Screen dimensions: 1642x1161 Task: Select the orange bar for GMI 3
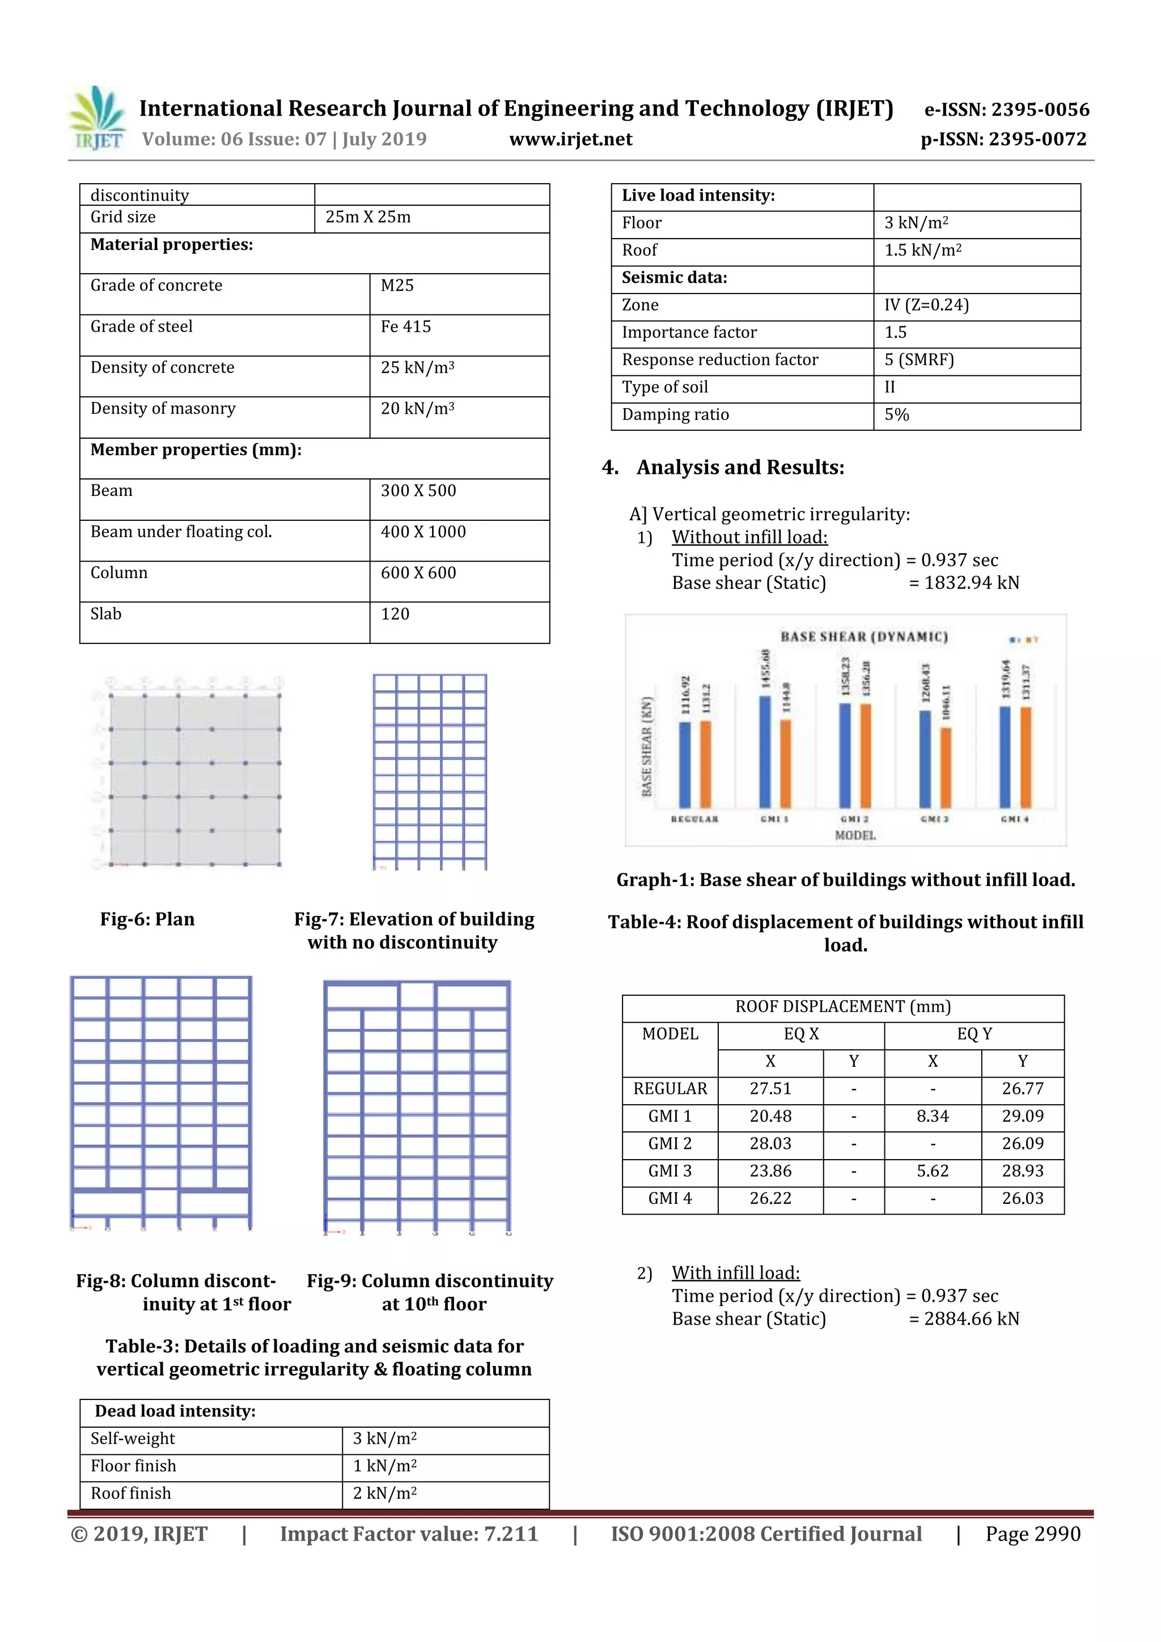tap(946, 767)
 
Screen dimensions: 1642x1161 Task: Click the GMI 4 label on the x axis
tap(1014, 819)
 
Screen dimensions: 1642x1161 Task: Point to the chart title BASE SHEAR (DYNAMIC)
tap(863, 637)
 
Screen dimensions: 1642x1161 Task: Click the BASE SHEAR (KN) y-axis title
tap(647, 745)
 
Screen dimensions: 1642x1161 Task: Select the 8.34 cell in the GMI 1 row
tap(932, 1117)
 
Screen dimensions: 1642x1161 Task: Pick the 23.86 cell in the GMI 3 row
tap(770, 1171)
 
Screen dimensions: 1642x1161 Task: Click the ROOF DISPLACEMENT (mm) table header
tap(842, 1007)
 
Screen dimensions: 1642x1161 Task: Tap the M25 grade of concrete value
tap(397, 285)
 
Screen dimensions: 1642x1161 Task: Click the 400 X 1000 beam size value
tap(423, 532)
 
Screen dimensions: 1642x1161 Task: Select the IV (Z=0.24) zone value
tap(926, 306)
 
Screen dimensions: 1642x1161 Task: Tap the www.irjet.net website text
tap(570, 139)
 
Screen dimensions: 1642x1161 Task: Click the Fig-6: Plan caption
tap(147, 919)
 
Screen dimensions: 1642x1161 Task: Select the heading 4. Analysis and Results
tap(723, 468)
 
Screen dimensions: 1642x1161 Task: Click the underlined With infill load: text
tap(735, 1273)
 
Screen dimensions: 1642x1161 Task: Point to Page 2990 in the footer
tap(1032, 1534)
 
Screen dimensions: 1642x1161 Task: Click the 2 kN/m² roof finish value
tap(384, 1494)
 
